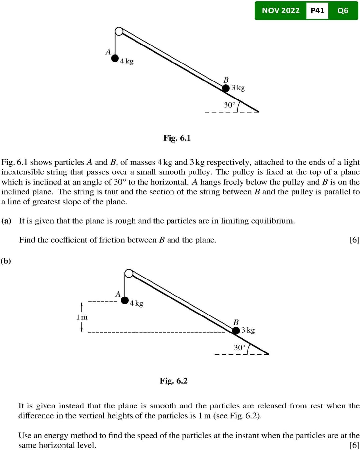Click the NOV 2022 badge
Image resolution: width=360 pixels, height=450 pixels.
[x=280, y=10]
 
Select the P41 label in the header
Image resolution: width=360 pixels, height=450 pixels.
[x=317, y=10]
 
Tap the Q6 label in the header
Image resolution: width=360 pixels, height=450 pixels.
[x=343, y=10]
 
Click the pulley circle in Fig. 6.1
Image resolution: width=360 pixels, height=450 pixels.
[x=119, y=31]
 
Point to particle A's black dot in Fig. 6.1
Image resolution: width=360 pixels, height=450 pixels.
[x=115, y=58]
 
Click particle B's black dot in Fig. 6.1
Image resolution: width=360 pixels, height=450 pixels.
[x=226, y=88]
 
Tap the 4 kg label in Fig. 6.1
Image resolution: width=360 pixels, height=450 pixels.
[x=127, y=61]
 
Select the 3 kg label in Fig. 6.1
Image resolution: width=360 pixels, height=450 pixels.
[x=238, y=88]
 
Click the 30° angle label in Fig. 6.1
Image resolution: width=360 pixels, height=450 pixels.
[x=229, y=105]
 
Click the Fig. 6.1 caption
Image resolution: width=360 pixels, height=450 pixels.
[x=177, y=138]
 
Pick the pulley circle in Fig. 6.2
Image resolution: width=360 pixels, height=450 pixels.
[x=129, y=273]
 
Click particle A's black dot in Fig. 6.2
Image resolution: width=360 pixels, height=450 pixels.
[x=125, y=300]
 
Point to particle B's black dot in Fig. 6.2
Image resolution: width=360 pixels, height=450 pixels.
[x=236, y=331]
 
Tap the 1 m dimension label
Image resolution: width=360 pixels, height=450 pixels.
[x=82, y=317]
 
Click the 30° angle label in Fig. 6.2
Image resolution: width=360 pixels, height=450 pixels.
[x=239, y=347]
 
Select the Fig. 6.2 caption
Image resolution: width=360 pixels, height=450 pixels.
[x=173, y=381]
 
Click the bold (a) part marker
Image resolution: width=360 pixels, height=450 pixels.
[x=7, y=221]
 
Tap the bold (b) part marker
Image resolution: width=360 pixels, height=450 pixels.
[x=6, y=261]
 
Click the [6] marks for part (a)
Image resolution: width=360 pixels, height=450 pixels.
[x=354, y=240]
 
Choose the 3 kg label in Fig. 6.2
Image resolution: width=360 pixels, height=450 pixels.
[x=248, y=330]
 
